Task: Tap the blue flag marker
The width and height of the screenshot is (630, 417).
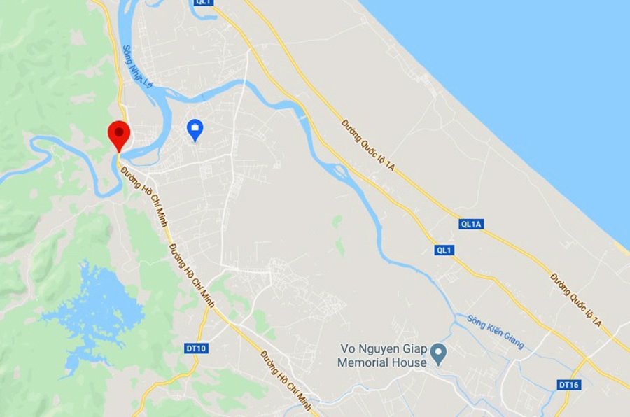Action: coord(195,129)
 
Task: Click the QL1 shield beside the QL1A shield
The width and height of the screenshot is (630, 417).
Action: coord(444,250)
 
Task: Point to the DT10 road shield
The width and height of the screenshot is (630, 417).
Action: coord(197,348)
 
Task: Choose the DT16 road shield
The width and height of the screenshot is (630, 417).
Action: coord(569,385)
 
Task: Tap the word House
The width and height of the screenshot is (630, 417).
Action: coord(409,363)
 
